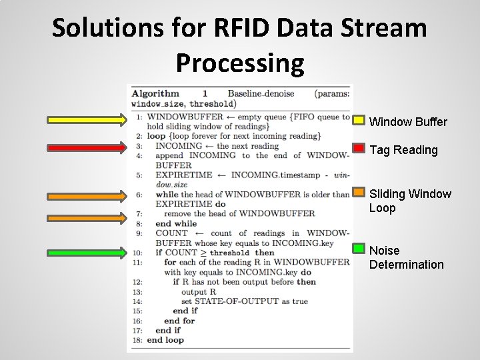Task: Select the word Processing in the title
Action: (x=240, y=63)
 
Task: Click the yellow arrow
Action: (x=87, y=120)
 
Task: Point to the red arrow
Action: (x=87, y=147)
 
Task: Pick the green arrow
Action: (x=87, y=253)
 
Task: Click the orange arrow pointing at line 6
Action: (x=87, y=195)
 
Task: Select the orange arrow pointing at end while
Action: (x=87, y=217)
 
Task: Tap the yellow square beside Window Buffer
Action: (x=359, y=120)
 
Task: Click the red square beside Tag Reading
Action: (x=359, y=147)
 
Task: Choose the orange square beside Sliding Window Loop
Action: (x=359, y=193)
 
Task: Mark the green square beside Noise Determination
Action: (x=359, y=249)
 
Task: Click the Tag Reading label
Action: (x=403, y=150)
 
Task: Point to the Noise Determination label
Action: (x=406, y=257)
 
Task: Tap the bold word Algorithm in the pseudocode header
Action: (x=155, y=94)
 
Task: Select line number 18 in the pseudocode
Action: (x=136, y=340)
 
